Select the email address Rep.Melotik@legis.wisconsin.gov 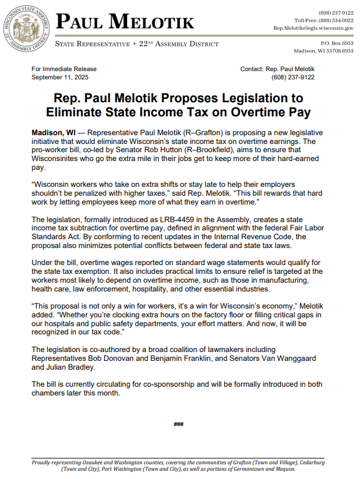click(x=314, y=28)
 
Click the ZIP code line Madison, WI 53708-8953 click(x=324, y=51)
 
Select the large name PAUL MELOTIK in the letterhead click(x=125, y=22)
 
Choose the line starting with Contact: click(x=277, y=69)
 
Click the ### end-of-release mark click(x=179, y=424)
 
